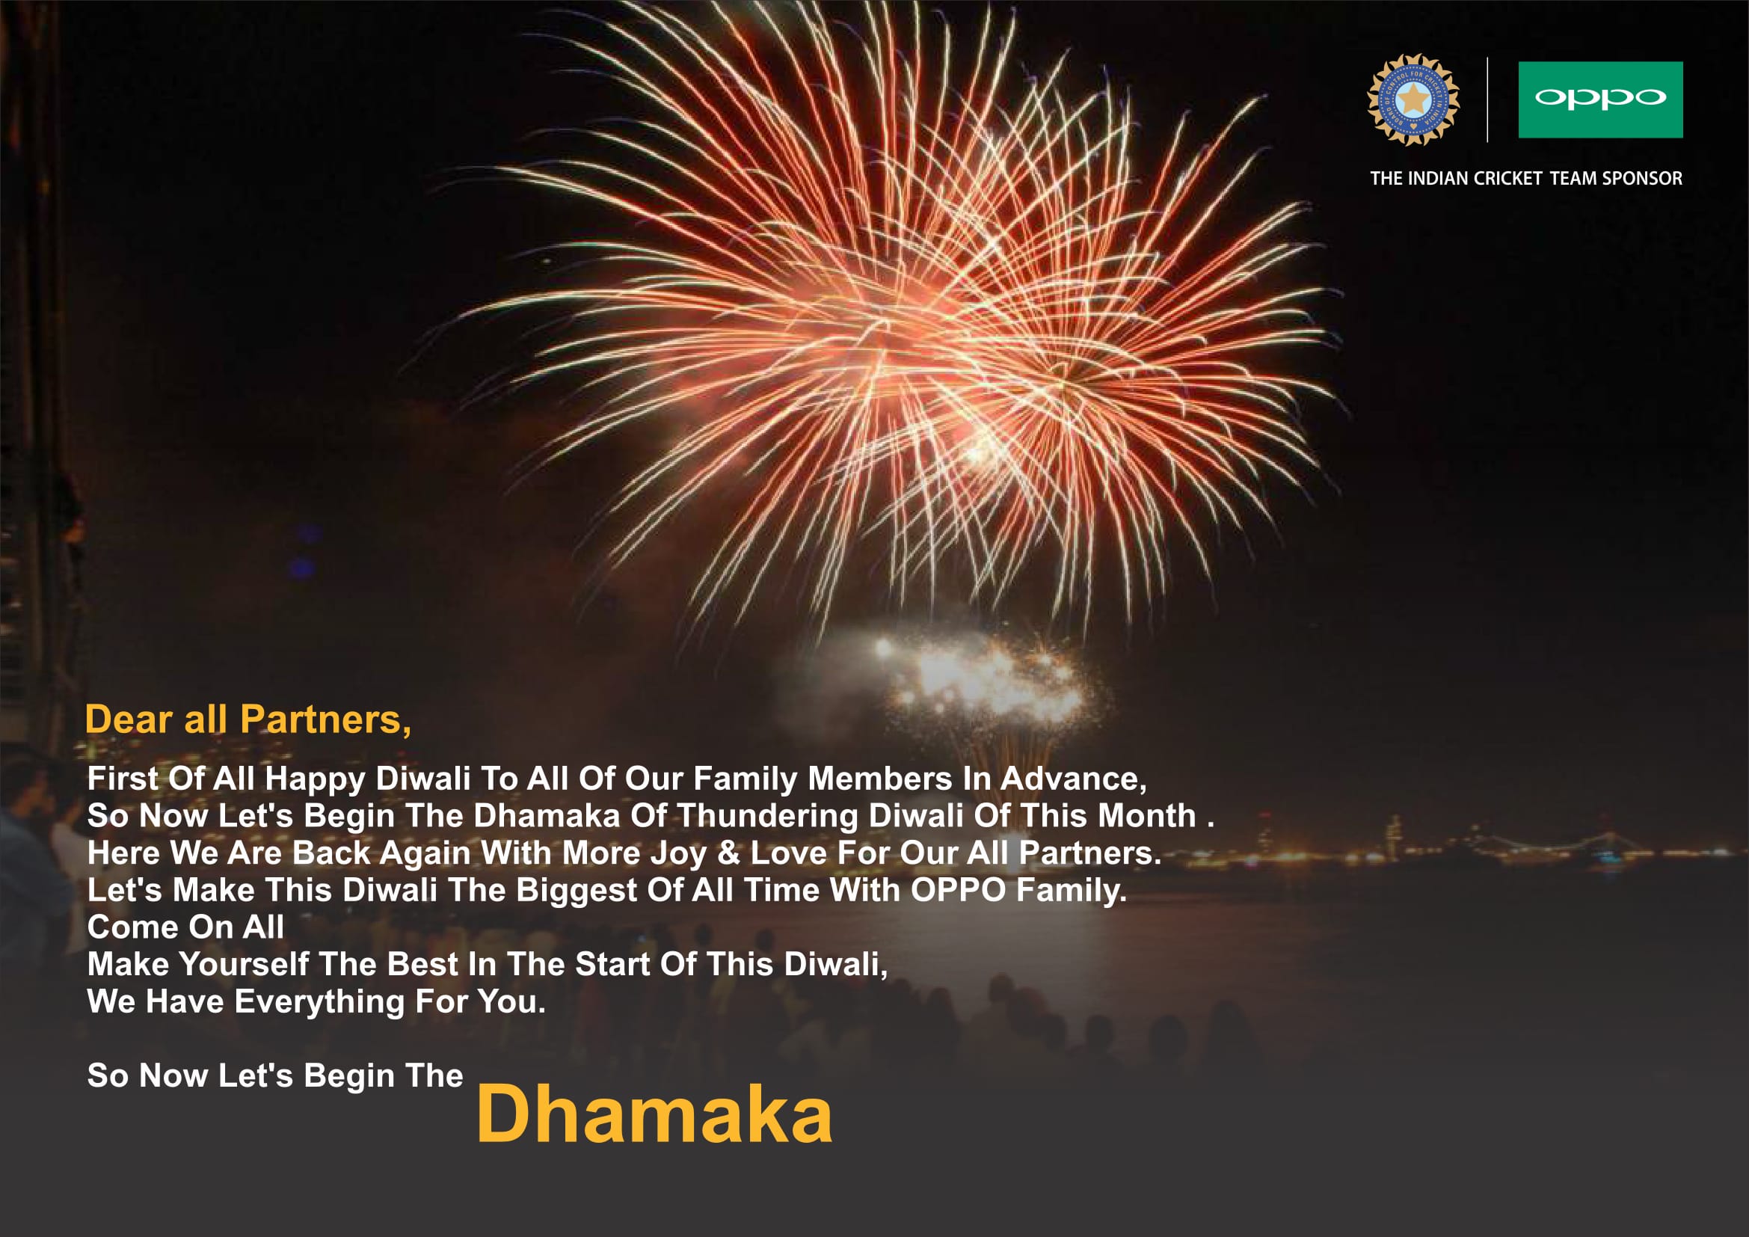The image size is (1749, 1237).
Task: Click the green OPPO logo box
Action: (1600, 99)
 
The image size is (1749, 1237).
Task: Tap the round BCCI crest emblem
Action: (1413, 99)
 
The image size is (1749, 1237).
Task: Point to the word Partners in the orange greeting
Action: (326, 719)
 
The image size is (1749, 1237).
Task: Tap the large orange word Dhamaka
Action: (654, 1114)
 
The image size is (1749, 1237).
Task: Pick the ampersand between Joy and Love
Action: (729, 853)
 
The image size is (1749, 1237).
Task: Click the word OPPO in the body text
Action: (959, 891)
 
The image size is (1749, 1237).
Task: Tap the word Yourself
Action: (244, 964)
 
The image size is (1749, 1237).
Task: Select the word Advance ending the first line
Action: (1073, 779)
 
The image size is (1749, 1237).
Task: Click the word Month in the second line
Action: (1147, 816)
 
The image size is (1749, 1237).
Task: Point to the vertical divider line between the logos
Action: (1487, 99)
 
